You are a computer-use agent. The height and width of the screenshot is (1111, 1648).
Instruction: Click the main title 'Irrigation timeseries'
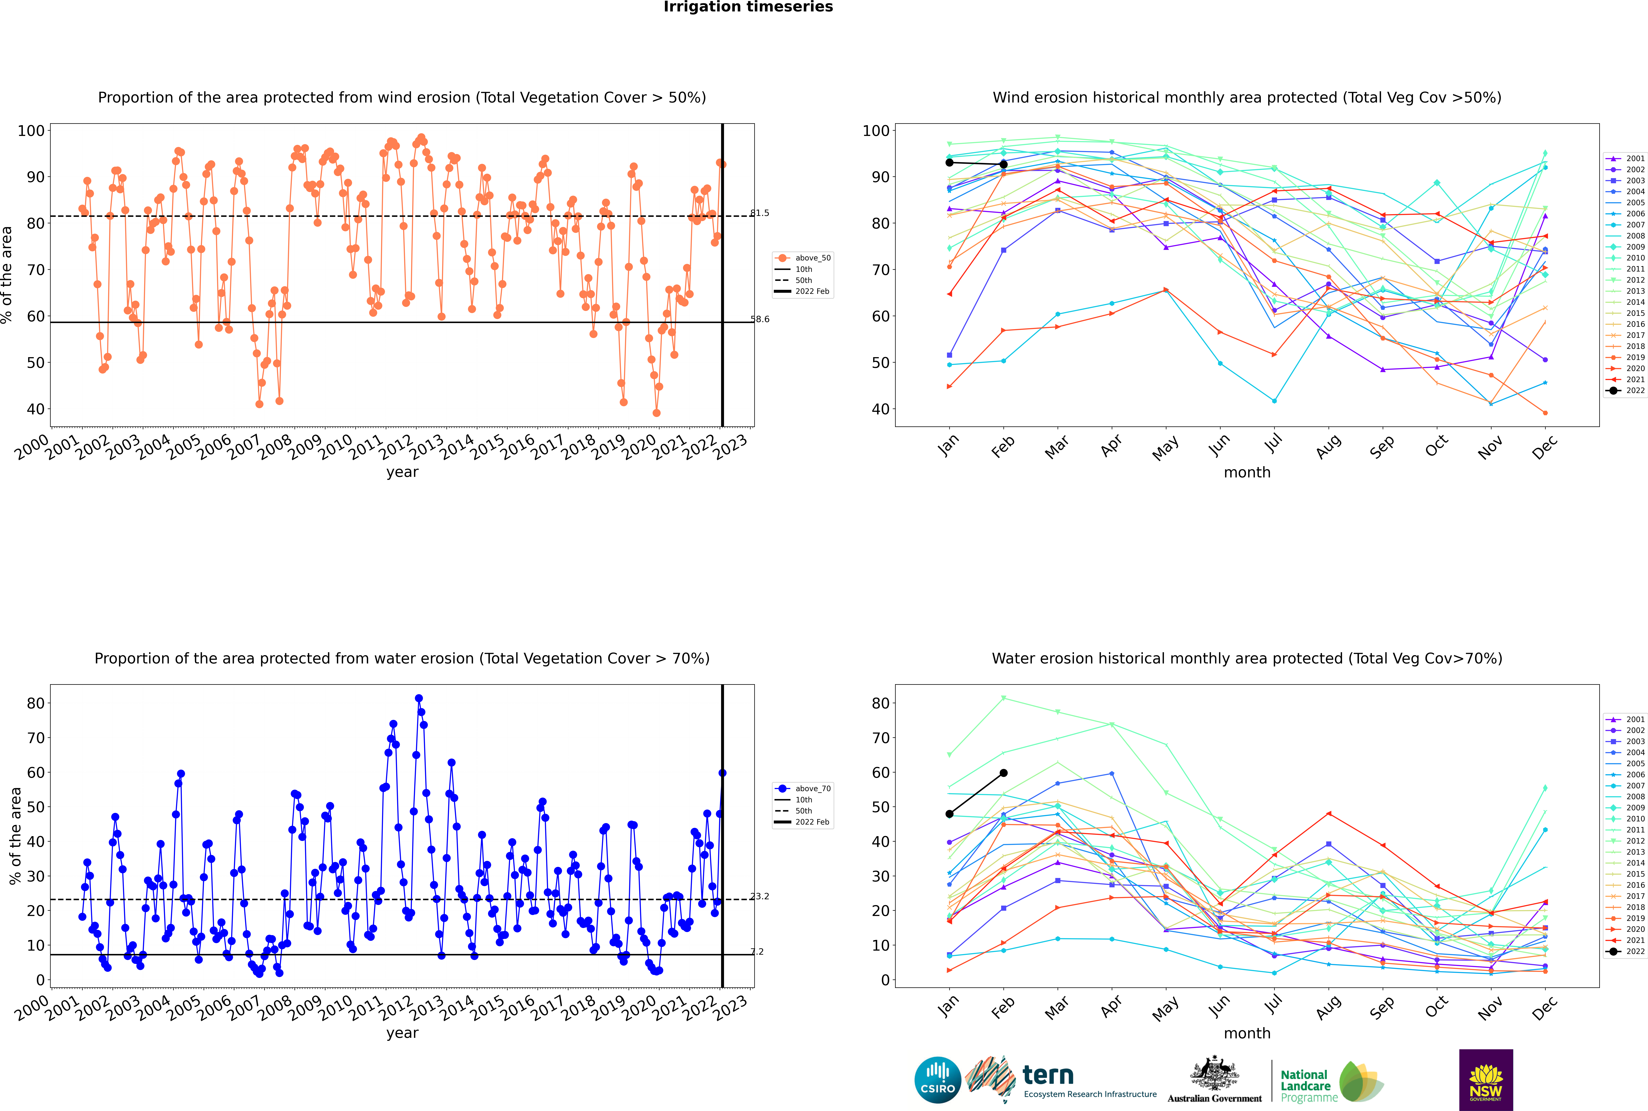tap(748, 7)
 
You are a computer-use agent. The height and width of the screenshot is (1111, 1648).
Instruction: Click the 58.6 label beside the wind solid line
tap(760, 319)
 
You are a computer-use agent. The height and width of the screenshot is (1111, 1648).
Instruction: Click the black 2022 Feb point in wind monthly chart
tap(1003, 164)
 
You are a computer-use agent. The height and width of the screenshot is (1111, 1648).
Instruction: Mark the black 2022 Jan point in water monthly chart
tap(949, 814)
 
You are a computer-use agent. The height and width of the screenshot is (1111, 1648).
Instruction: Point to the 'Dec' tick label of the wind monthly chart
tap(1545, 446)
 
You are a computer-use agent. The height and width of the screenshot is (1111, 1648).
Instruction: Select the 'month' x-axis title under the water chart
tap(1247, 1033)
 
